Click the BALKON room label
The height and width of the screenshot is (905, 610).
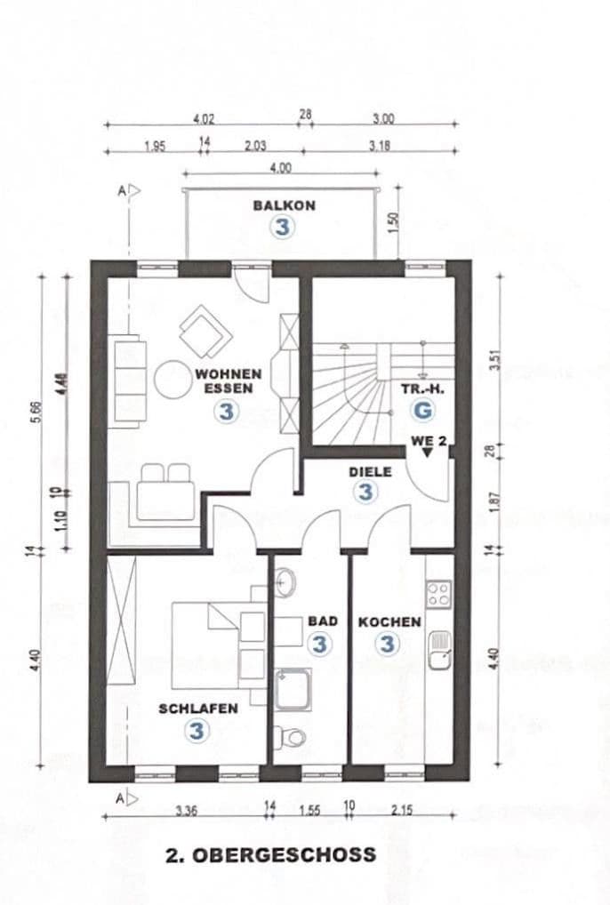[284, 205]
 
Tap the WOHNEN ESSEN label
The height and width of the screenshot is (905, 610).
[229, 381]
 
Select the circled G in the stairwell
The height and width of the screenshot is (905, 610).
[423, 411]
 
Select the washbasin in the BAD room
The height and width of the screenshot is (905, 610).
[285, 583]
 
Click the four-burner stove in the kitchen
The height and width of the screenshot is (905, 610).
[438, 593]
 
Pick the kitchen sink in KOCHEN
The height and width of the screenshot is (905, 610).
[438, 649]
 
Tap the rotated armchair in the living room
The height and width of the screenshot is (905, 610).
[205, 331]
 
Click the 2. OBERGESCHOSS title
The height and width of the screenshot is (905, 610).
[270, 855]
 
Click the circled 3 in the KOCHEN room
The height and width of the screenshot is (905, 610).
[388, 643]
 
